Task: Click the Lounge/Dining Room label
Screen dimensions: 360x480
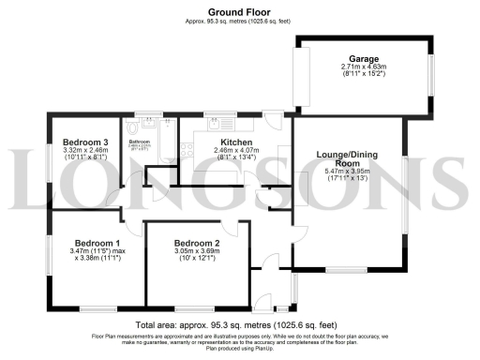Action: click(348, 156)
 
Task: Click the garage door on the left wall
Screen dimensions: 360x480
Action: click(302, 76)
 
